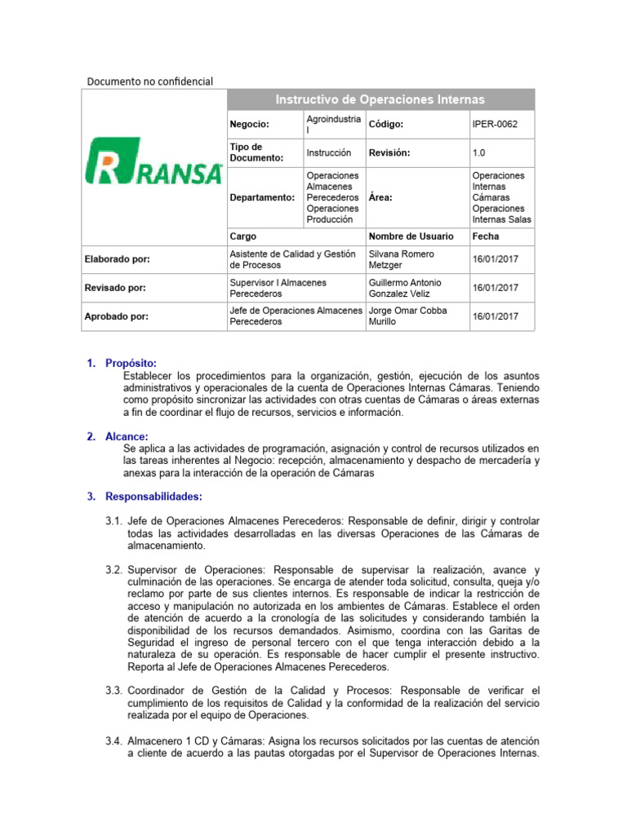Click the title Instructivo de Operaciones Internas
(x=380, y=99)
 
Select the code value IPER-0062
(x=495, y=124)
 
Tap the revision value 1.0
(x=478, y=152)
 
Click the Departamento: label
(x=261, y=197)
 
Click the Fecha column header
(x=486, y=236)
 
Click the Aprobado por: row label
(x=117, y=316)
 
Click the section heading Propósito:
(x=129, y=363)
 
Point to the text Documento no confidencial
(x=150, y=81)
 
